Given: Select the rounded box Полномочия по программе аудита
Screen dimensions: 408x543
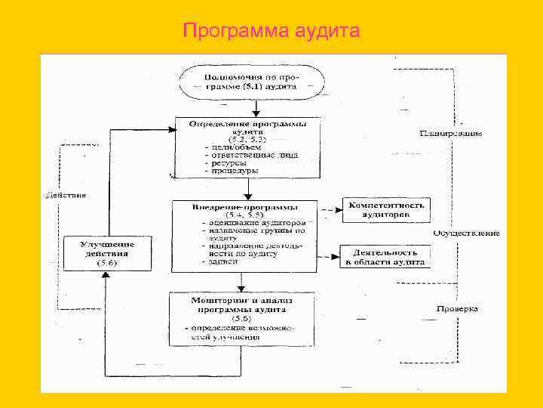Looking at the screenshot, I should click(251, 82).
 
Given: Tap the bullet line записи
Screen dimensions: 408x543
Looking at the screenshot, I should click(219, 261).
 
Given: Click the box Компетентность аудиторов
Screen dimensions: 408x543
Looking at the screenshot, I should click(385, 210).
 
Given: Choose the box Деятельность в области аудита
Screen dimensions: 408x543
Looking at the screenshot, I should click(385, 256).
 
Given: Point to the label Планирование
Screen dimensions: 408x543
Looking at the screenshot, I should click(451, 133).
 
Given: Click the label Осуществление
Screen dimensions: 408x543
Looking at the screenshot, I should click(466, 233).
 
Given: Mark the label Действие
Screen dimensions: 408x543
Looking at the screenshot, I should click(66, 196).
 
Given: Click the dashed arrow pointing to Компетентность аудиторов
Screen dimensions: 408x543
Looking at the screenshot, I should click(329, 209).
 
